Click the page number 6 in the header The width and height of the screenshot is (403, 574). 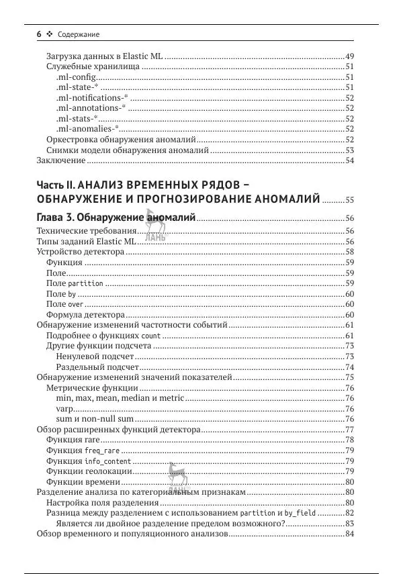click(39, 34)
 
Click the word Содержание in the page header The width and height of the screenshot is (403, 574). click(79, 34)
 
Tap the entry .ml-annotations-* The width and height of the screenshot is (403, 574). click(89, 108)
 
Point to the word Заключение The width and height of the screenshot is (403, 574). click(60, 160)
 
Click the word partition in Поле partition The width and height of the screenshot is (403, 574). click(86, 284)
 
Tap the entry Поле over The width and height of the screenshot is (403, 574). click(64, 304)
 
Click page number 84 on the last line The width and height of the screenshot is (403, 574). click(349, 534)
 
